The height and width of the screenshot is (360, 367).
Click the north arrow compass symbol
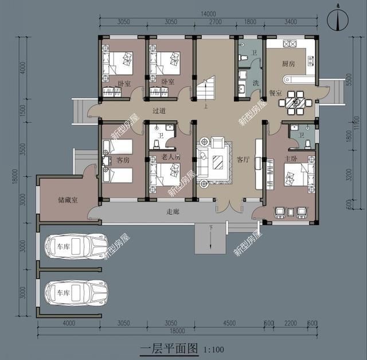[338, 19]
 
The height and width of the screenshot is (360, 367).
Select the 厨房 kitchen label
[288, 64]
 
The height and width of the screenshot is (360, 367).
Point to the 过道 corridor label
[159, 111]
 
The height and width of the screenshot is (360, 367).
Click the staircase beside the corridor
[205, 89]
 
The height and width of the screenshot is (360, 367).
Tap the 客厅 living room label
[244, 159]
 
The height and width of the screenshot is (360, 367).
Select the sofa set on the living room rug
[213, 160]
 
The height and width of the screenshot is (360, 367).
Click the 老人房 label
[170, 157]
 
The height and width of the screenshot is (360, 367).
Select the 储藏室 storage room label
[68, 199]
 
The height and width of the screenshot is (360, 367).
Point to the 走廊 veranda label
[173, 212]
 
